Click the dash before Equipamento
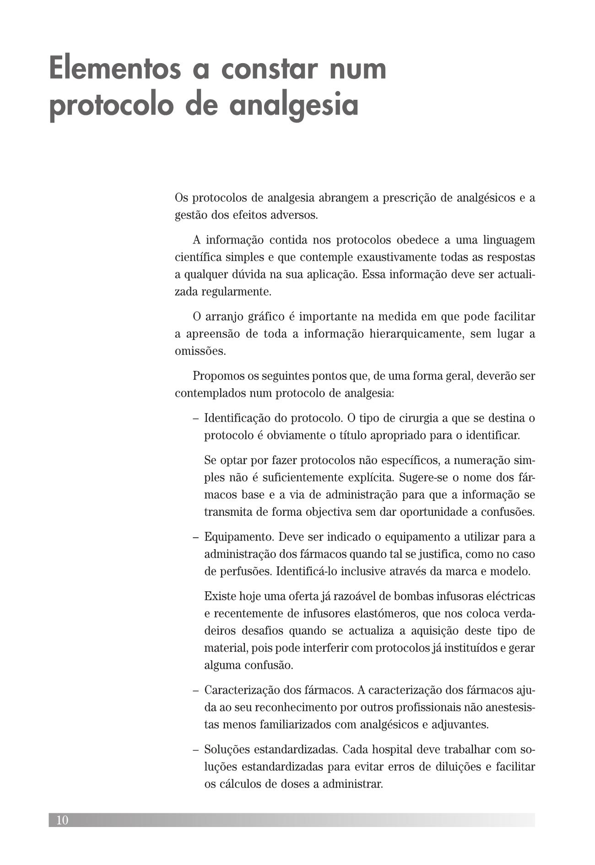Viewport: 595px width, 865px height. (x=196, y=536)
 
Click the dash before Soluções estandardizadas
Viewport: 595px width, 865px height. (x=196, y=750)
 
